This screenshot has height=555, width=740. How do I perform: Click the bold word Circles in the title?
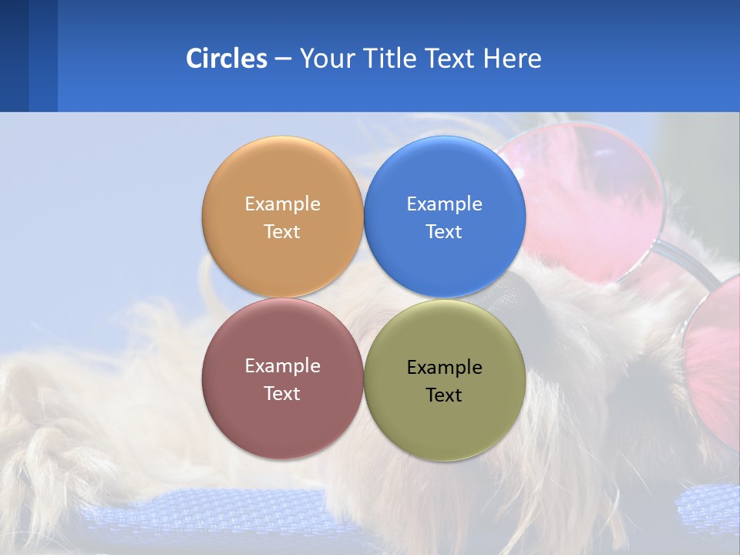click(227, 59)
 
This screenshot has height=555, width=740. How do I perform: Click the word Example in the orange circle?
click(282, 204)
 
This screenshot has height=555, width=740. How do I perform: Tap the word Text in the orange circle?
click(282, 231)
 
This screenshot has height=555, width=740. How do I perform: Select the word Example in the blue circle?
click(444, 204)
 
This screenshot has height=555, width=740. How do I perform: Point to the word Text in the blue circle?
click(444, 231)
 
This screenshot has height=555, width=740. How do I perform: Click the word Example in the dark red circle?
click(282, 366)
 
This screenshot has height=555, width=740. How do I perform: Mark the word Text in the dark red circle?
click(282, 393)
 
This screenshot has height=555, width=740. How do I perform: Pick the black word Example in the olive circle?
click(444, 368)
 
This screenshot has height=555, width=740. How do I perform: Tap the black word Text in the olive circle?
click(444, 395)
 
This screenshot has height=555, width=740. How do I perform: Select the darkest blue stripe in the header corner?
click(14, 55)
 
